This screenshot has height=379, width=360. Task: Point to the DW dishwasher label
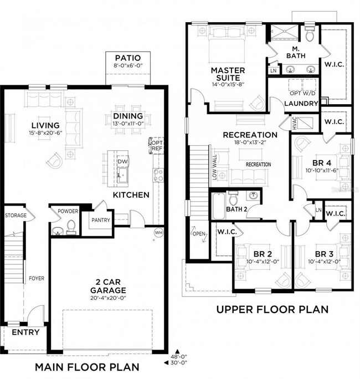122,161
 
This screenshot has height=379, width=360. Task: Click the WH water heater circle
158,232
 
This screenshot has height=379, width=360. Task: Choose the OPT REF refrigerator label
156,146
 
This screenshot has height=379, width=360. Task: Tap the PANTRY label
101,220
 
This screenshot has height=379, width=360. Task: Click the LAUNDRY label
301,104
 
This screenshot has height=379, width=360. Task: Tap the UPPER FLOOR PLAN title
272,309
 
